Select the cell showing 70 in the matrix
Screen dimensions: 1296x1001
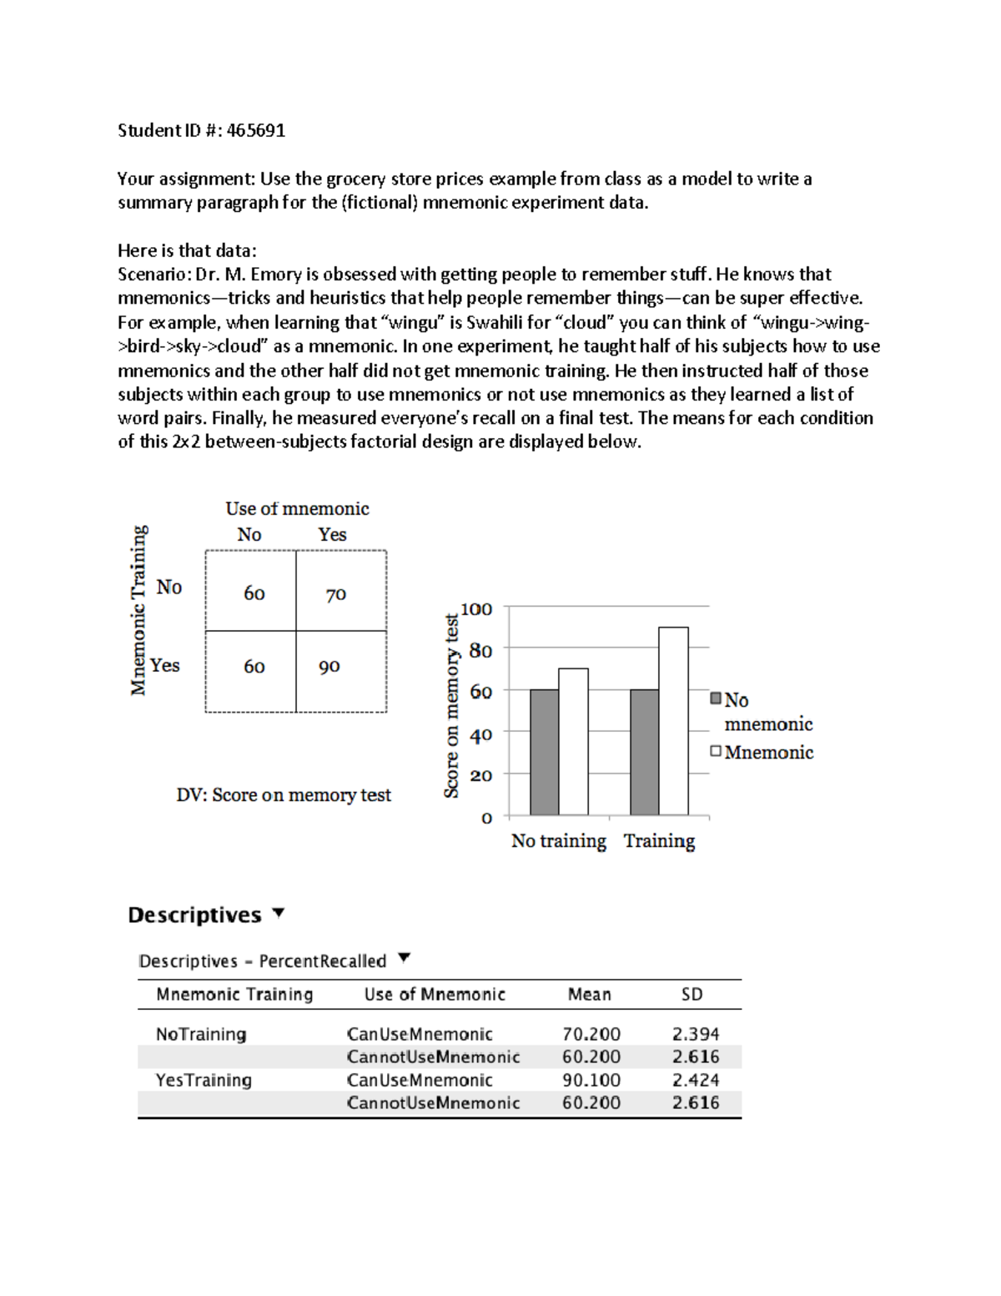pos(336,595)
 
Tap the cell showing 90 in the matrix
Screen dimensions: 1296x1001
pos(329,667)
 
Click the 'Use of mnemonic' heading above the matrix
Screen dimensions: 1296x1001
pos(297,508)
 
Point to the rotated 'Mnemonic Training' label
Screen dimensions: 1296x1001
pos(138,610)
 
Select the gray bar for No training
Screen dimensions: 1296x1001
pos(544,752)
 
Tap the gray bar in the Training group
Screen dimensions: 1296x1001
pos(644,752)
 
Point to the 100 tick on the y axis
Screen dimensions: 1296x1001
pos(477,609)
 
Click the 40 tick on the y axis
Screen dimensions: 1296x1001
pos(480,735)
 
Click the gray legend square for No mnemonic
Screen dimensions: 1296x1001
pos(716,698)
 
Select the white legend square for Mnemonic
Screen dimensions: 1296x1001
pos(716,751)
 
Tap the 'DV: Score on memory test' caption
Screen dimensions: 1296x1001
pos(284,795)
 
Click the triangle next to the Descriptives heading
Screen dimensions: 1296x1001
pos(279,913)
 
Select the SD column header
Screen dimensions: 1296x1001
pos(692,994)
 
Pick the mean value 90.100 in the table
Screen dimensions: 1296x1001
pos(591,1080)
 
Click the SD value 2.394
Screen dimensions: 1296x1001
pos(695,1034)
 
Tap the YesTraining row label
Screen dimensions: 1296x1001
pos(204,1080)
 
